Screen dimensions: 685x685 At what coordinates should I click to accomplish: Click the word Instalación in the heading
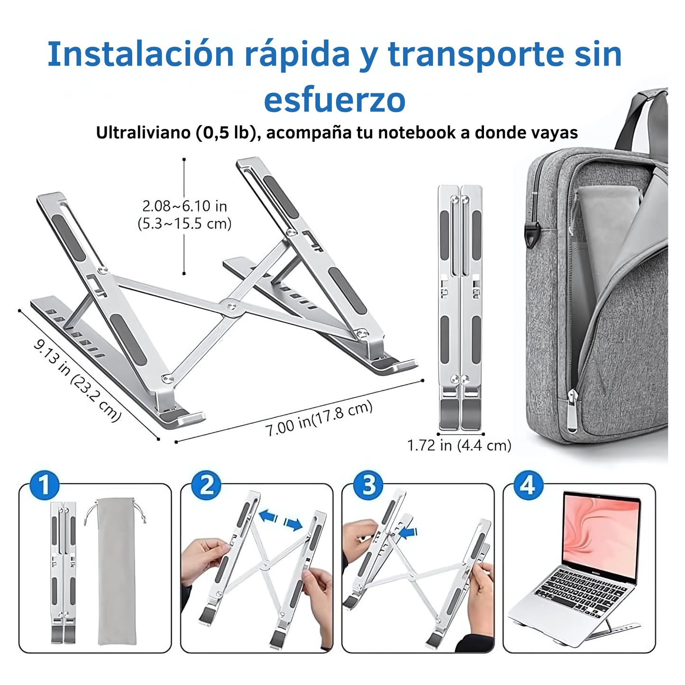click(x=141, y=54)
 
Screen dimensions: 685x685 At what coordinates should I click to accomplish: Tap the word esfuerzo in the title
click(x=335, y=100)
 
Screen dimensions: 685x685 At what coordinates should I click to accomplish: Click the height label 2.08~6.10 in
click(x=184, y=206)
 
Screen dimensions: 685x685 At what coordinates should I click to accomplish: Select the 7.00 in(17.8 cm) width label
click(x=319, y=419)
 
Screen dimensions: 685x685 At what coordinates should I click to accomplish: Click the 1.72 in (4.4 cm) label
click(x=459, y=446)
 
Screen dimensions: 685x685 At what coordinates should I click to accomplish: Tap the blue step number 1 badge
click(x=44, y=485)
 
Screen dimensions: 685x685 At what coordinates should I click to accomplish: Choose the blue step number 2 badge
click(x=206, y=485)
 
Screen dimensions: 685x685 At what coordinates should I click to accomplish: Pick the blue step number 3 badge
click(x=368, y=485)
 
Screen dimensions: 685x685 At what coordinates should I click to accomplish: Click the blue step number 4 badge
click(x=529, y=485)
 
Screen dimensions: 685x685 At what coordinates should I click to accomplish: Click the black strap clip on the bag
click(x=531, y=233)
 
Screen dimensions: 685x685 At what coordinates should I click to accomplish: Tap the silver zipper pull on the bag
click(x=572, y=409)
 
